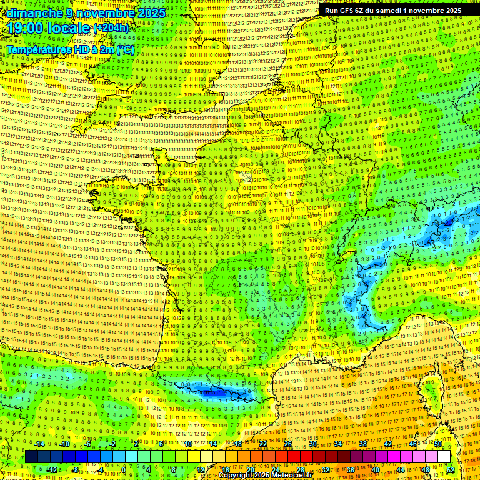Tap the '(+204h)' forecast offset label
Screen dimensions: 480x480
(111, 27)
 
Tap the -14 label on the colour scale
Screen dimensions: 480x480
(39, 444)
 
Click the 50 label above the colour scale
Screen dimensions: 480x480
(438, 444)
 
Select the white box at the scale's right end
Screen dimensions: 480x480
(444, 457)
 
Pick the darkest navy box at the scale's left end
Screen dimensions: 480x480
(31, 457)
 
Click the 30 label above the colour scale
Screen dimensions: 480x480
(313, 444)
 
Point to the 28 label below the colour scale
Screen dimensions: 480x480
(301, 470)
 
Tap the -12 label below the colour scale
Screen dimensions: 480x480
(52, 470)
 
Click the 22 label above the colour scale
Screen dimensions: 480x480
(263, 444)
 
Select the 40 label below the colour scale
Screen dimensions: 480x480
(376, 470)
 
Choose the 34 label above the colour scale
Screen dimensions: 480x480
(338, 444)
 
